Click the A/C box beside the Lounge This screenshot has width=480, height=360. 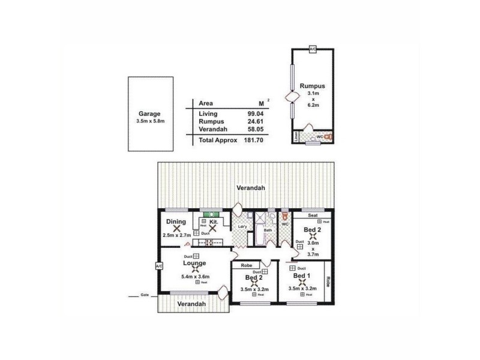[x=158, y=266]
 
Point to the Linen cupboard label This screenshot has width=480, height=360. [x=296, y=137]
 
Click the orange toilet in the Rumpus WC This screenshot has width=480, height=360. [x=328, y=136]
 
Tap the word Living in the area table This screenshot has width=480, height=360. [x=208, y=113]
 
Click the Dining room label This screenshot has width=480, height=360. [x=175, y=221]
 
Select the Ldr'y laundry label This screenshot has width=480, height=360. [x=242, y=226]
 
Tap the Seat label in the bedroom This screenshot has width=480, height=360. [x=312, y=215]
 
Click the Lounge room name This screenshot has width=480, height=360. [x=195, y=263]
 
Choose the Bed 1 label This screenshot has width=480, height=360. [x=301, y=276]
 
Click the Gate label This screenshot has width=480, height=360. [x=144, y=296]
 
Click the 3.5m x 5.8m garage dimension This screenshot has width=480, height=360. [x=150, y=121]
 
